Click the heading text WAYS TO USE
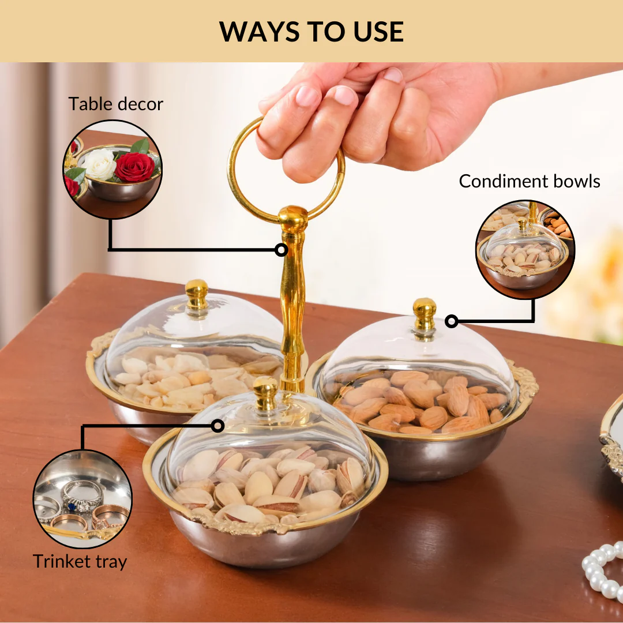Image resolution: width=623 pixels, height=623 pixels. [311, 31]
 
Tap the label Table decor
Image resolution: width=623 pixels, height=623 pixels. [115, 104]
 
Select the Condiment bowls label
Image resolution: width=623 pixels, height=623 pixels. [529, 181]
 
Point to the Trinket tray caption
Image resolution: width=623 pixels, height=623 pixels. [80, 562]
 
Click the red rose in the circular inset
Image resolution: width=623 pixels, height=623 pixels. [134, 167]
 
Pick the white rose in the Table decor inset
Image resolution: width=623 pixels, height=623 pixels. [99, 164]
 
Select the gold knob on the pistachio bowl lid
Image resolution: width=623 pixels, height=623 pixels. [265, 393]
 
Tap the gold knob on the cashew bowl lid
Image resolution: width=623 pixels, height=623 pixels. [197, 294]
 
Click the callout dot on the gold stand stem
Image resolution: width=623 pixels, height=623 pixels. [282, 250]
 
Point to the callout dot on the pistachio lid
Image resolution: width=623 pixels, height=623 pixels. [217, 426]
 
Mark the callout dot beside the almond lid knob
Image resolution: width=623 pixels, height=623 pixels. [451, 321]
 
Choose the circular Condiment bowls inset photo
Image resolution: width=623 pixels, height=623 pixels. [526, 249]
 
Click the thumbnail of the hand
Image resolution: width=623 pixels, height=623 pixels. [393, 74]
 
